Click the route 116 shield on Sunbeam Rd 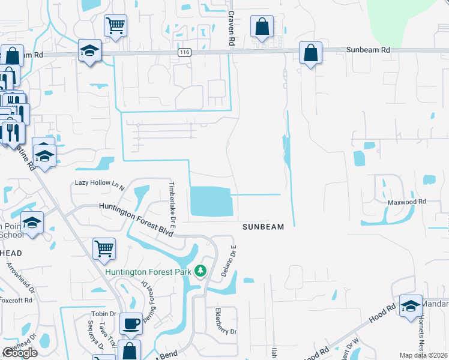(x=184, y=53)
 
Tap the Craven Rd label (x=230, y=28)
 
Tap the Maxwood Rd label (x=406, y=202)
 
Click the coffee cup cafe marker (x=131, y=324)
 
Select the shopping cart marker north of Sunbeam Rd (x=115, y=26)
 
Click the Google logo (x=20, y=353)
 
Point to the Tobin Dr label (x=104, y=314)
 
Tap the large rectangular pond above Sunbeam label (x=211, y=201)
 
